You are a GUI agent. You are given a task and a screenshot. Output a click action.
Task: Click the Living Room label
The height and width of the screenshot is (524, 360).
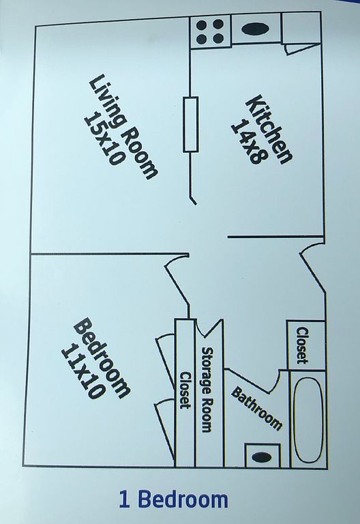click(123, 128)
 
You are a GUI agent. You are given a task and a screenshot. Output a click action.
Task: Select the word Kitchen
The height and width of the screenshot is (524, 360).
click(269, 130)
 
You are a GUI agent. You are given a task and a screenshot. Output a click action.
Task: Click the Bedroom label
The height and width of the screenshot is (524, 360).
click(102, 359)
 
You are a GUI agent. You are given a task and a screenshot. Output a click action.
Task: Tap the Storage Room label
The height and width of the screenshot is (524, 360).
click(207, 390)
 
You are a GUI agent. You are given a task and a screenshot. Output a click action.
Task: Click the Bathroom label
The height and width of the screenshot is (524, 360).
click(256, 408)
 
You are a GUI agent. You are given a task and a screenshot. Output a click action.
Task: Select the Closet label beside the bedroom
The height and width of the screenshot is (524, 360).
click(185, 390)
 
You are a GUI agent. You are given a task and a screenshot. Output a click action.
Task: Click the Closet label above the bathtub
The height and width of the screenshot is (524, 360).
click(302, 345)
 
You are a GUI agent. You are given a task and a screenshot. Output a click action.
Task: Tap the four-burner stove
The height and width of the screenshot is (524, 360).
click(210, 33)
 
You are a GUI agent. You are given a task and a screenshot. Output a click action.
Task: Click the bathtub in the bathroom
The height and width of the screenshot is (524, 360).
click(308, 420)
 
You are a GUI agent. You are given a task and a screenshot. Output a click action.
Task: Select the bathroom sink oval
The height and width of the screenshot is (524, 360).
click(262, 457)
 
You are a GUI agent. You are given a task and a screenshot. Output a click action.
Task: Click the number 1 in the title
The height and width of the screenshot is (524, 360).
click(124, 499)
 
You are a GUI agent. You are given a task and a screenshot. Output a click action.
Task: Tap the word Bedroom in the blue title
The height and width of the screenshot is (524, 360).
click(183, 499)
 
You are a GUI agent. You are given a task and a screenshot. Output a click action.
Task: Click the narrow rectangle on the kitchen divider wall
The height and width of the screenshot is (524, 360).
click(190, 124)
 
